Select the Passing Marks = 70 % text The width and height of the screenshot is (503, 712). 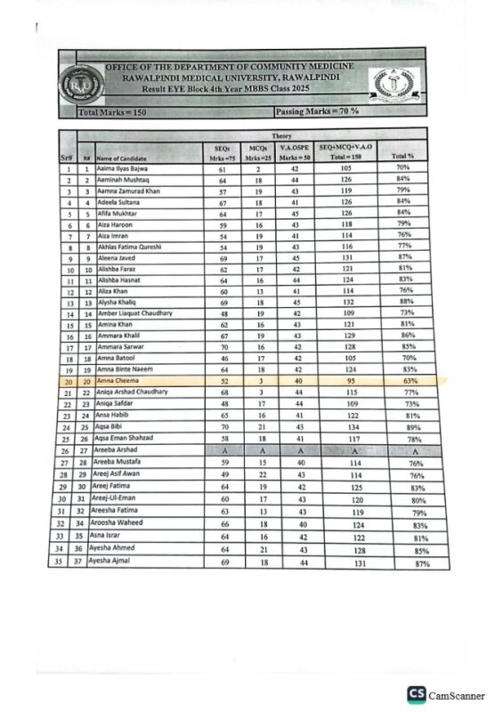coord(317,112)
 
